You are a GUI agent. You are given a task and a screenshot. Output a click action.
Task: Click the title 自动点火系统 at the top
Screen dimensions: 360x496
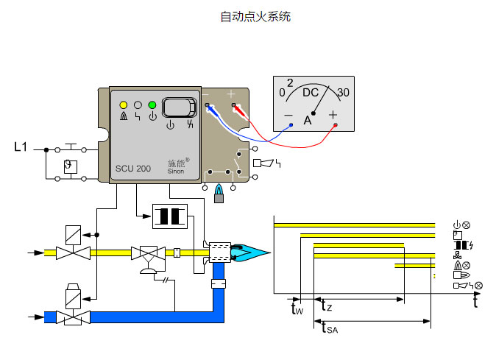click(255, 17)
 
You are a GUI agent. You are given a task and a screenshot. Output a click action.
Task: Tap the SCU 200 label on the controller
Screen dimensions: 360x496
click(132, 169)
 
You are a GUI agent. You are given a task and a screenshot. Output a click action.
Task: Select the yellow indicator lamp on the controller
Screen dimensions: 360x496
click(123, 105)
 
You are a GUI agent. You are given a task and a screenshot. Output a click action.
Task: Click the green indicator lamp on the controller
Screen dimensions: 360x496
click(152, 105)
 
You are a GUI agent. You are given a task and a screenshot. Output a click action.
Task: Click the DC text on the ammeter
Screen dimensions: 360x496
click(311, 93)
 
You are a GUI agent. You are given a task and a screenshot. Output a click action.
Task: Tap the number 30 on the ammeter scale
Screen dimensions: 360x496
click(342, 93)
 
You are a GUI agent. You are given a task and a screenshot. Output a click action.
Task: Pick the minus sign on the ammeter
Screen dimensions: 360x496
click(288, 116)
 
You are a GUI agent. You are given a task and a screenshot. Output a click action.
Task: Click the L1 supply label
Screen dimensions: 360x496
click(21, 147)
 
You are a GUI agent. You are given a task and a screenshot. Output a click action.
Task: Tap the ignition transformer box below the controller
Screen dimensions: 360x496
click(171, 216)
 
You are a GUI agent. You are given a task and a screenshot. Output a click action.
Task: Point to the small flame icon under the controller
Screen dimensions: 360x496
click(218, 195)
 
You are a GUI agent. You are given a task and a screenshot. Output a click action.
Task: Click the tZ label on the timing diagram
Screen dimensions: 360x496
click(327, 305)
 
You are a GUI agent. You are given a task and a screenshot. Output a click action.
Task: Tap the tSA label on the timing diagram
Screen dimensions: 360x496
click(330, 328)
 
